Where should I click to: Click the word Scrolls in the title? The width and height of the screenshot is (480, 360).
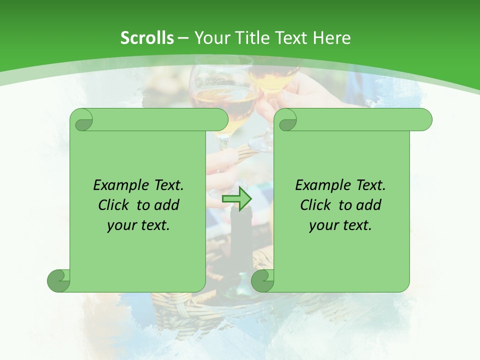[147, 38]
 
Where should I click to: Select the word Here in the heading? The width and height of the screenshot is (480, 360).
[331, 38]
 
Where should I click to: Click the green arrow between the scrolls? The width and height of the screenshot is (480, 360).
[236, 198]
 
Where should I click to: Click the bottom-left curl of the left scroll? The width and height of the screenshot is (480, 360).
[58, 280]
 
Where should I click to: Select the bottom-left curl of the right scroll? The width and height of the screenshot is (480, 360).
[262, 280]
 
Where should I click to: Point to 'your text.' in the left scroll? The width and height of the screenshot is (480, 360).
[138, 225]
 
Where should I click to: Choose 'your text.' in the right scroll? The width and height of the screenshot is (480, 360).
[340, 225]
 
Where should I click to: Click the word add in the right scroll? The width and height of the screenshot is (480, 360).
[369, 205]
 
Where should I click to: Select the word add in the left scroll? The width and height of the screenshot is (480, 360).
[167, 205]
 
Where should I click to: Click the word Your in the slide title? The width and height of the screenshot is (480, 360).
[209, 38]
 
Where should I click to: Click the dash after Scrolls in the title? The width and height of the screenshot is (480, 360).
[183, 38]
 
